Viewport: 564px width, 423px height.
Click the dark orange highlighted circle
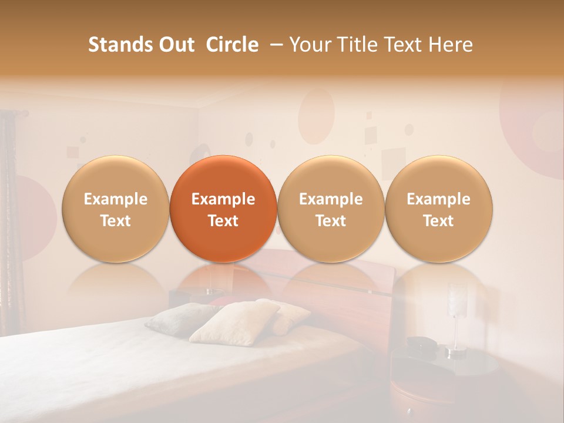223,209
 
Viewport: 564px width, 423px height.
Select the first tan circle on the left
115,209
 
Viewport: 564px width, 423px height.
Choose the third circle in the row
331,209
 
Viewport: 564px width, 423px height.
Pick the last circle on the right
438,209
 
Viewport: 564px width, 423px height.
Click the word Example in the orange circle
223,199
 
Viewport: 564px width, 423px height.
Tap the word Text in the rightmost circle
438,221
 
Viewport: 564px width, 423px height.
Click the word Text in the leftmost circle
115,221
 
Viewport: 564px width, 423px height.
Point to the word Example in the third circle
331,199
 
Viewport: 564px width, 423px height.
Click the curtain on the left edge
9,223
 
